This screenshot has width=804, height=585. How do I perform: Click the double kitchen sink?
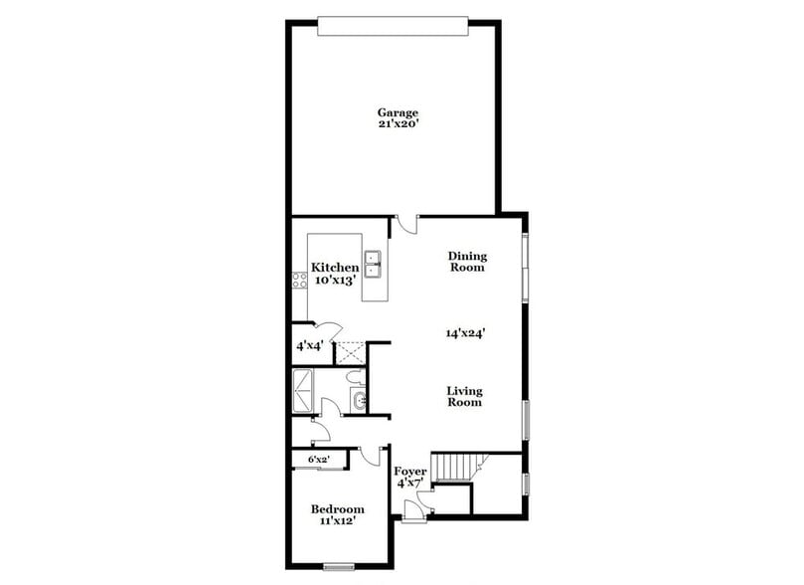375,265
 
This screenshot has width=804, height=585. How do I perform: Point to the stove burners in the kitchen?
297,279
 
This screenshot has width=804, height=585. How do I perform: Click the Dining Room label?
466,262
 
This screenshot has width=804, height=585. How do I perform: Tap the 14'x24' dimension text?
465,334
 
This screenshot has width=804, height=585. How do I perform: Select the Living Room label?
464,396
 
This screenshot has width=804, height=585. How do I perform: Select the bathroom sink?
358,401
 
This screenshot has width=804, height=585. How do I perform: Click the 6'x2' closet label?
319,460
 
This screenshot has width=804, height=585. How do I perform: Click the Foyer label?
410,477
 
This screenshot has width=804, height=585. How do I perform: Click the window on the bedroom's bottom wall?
339,567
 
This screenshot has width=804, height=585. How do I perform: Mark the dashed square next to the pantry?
351,351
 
